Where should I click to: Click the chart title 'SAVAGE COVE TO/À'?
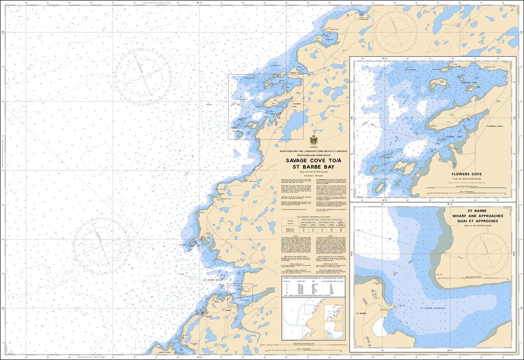click(313, 160)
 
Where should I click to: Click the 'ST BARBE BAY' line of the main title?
click(313, 167)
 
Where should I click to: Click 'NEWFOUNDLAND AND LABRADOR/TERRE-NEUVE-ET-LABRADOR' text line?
click(313, 152)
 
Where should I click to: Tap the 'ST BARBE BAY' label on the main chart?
click(211, 280)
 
